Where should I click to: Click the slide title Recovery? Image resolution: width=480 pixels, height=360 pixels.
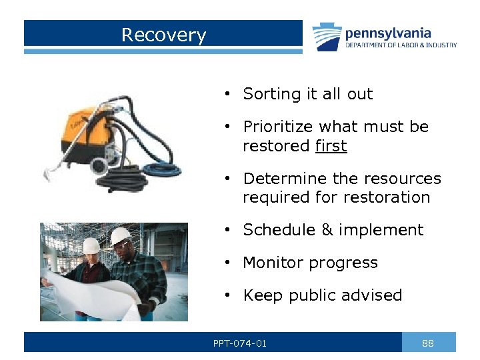pos(163,35)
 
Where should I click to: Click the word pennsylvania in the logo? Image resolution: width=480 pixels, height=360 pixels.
pos(387,33)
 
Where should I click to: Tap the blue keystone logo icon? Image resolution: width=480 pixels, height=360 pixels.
pos(327,37)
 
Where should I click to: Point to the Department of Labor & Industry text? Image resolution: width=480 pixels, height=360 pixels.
pos(401,45)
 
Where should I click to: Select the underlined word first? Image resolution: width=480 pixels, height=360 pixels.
pos(331,145)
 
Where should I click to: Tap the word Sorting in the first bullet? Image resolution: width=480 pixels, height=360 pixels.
pos(269,95)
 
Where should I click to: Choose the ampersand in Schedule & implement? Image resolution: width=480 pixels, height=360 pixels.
pos(327,230)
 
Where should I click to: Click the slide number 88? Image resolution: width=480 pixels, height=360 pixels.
pos(428,343)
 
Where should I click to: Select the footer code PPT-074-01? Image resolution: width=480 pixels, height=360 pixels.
pos(240,343)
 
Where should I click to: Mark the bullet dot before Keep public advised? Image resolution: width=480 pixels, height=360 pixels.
pos(227,295)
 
